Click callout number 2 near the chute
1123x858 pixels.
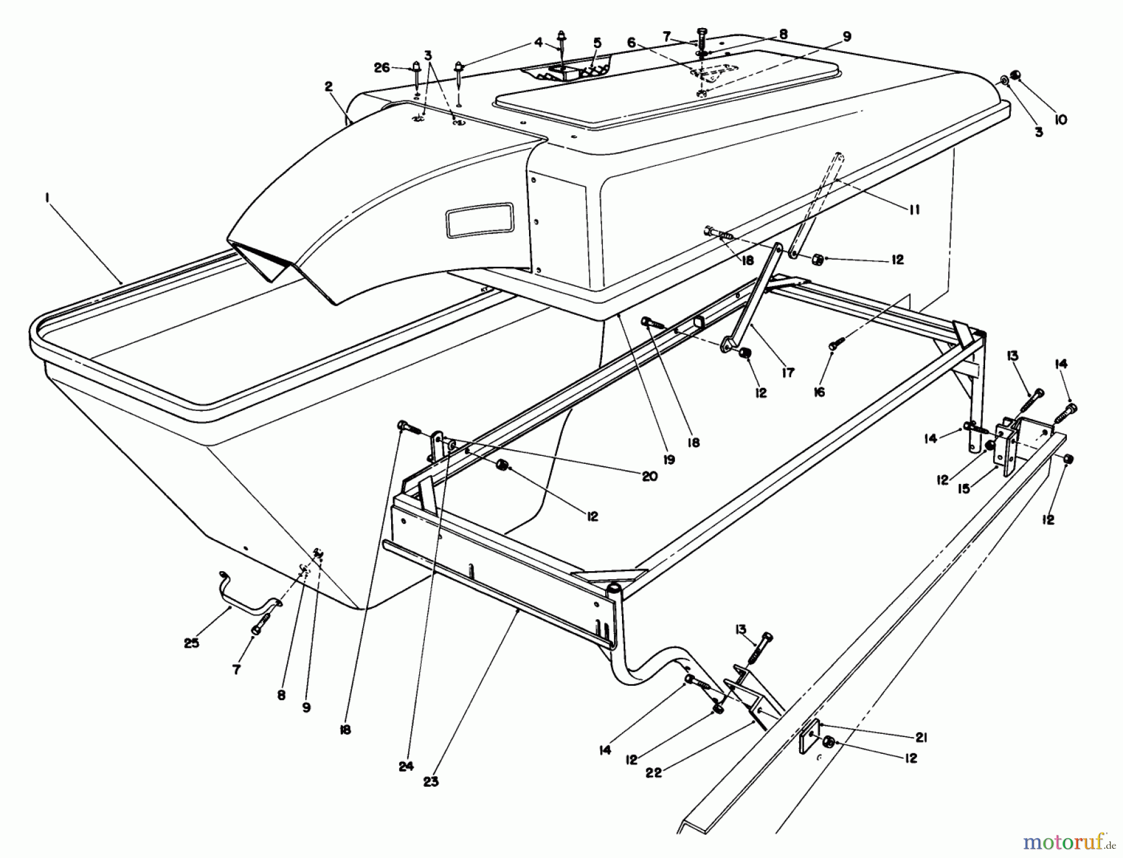click(x=329, y=87)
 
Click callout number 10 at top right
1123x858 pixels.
click(x=1061, y=119)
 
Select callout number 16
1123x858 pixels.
click(x=819, y=391)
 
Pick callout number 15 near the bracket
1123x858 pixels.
click(x=965, y=489)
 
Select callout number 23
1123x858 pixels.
click(x=430, y=781)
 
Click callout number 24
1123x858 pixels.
click(x=406, y=767)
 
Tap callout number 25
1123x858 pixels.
click(x=192, y=642)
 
